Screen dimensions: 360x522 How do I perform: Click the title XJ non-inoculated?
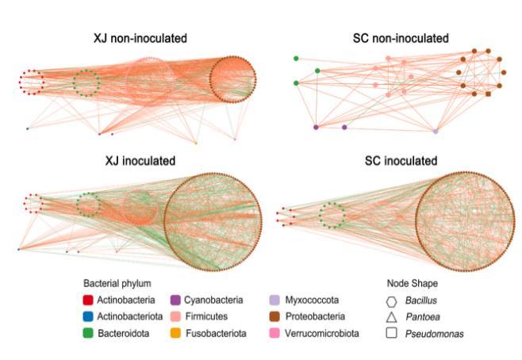pyautogui.click(x=145, y=38)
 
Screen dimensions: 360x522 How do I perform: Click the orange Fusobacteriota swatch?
pyautogui.click(x=176, y=334)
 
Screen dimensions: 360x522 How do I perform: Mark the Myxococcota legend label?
pyautogui.click(x=313, y=301)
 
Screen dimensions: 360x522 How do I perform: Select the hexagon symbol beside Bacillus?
pyautogui.click(x=392, y=301)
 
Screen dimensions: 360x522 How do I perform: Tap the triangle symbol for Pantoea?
pyautogui.click(x=392, y=317)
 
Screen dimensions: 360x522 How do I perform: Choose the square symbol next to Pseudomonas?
pyautogui.click(x=392, y=334)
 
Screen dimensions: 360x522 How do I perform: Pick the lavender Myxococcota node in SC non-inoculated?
pyautogui.click(x=436, y=130)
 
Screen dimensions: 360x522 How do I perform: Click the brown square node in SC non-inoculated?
pyautogui.click(x=488, y=94)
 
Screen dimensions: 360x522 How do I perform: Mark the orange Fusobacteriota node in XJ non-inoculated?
pyautogui.click(x=196, y=144)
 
